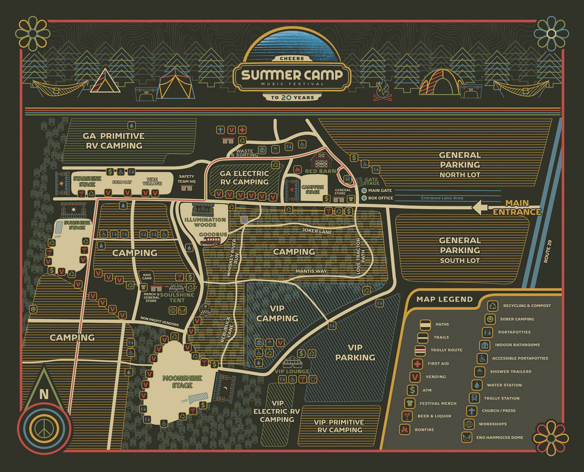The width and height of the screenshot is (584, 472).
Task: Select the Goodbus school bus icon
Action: coord(210,241)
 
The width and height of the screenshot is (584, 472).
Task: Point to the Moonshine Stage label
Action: coord(182,382)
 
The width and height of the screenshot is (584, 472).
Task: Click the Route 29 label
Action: coord(547,251)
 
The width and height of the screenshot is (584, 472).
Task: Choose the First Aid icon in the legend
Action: coord(417,364)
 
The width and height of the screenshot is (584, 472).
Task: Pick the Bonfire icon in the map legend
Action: coord(405,430)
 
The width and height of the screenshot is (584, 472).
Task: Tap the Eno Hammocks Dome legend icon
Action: coord(467,437)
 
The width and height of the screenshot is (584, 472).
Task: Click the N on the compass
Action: coord(44,395)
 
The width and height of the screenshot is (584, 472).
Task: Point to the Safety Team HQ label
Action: coord(187,179)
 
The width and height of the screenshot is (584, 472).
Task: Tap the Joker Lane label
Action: coord(317,231)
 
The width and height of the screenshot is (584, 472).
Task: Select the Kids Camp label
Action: coord(147,276)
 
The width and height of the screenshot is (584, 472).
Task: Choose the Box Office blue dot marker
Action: coord(364,198)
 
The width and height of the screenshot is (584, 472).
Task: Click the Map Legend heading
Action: coord(444,299)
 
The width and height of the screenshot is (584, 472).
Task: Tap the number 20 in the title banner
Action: coord(286,98)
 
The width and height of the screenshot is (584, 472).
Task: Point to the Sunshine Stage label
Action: coord(77,225)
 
